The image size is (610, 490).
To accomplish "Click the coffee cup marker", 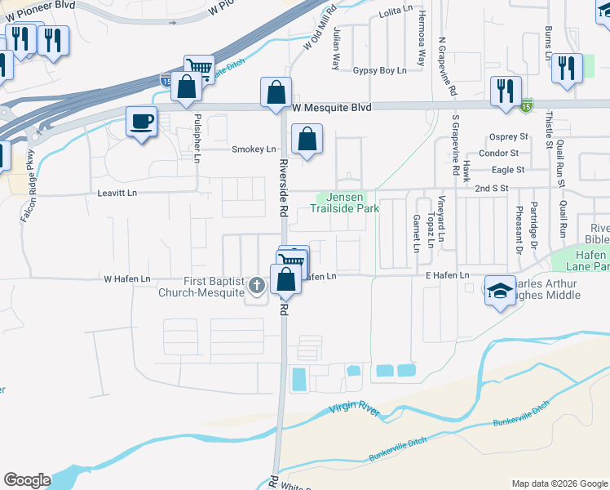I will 142,122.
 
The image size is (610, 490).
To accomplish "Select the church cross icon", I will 257,285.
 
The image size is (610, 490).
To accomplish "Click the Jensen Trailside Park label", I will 344,203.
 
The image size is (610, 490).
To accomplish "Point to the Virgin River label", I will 355,411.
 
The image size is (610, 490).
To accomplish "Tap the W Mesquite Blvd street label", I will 332,108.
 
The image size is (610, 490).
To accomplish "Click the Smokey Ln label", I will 254,149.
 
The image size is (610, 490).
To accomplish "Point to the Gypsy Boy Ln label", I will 379,71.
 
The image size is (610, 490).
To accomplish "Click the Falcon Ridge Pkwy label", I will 27,187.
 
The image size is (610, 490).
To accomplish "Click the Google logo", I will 27,480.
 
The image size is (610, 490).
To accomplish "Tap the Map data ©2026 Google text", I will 559,483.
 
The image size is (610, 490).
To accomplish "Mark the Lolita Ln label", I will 396,14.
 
